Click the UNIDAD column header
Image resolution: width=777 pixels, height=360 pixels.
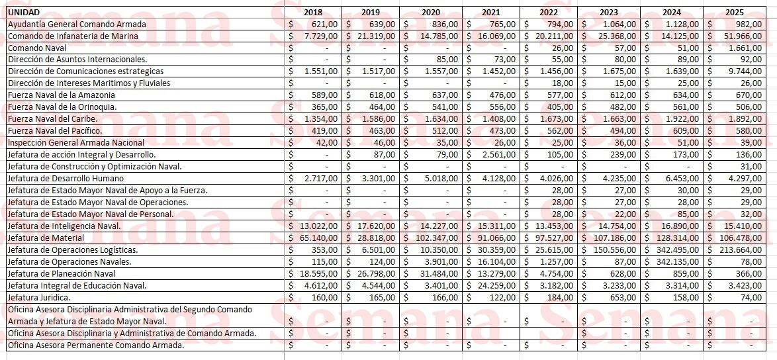(24, 12)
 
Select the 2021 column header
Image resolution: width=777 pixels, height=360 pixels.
(490, 12)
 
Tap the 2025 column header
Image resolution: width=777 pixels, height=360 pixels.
(734, 12)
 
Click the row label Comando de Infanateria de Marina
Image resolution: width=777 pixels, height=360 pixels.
(73, 36)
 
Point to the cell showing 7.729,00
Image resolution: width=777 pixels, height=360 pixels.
(320, 36)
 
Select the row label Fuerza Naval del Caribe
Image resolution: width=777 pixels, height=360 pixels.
(52, 119)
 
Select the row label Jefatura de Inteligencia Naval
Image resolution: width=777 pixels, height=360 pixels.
(64, 226)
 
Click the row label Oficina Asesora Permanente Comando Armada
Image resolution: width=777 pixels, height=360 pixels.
(96, 345)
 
